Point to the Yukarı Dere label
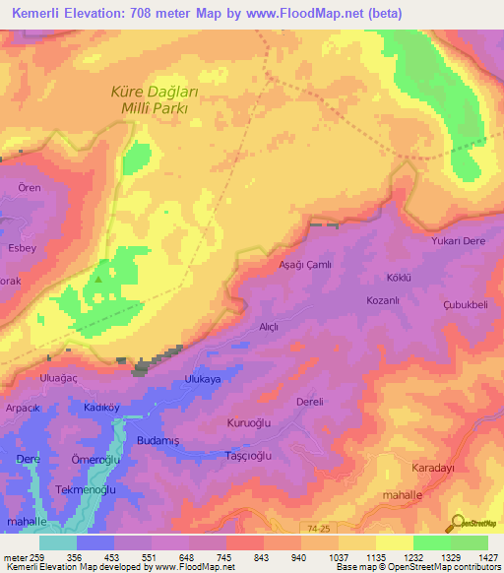point(460,239)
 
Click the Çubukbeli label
point(466,305)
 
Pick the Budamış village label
point(158,441)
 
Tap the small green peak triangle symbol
point(98,278)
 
